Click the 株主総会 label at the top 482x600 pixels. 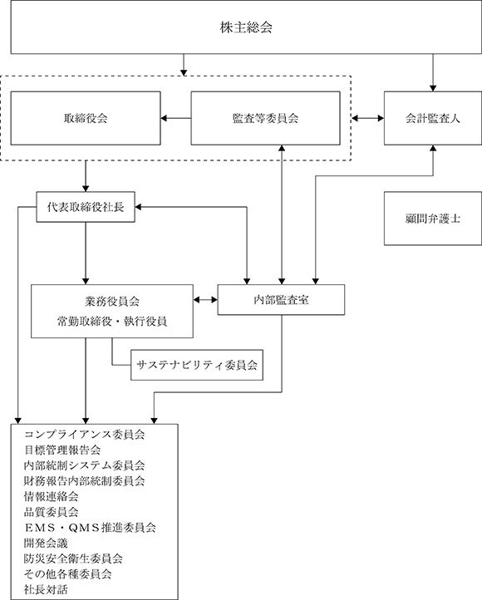[x=246, y=27]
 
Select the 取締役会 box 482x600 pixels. [x=86, y=118]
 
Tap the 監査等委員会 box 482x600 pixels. [x=265, y=118]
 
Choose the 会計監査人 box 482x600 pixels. [x=433, y=118]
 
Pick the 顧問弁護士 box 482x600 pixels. [x=433, y=219]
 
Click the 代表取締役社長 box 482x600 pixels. [x=86, y=207]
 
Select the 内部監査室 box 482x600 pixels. [x=281, y=300]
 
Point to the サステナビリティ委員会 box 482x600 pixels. [x=197, y=365]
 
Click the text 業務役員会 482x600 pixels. [x=112, y=302]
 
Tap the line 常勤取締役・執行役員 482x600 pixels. [x=112, y=322]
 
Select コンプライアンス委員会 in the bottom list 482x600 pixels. [x=84, y=435]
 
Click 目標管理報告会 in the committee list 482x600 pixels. [x=62, y=450]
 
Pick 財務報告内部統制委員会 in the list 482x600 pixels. [x=84, y=481]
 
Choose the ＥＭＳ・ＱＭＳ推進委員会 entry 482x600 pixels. [x=90, y=528]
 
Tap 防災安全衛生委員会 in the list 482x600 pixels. [x=73, y=558]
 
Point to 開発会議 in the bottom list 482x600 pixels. [x=46, y=543]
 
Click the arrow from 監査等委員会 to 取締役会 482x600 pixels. [x=176, y=118]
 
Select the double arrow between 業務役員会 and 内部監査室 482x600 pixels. [x=205, y=300]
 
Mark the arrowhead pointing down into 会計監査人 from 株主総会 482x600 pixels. [x=433, y=88]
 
